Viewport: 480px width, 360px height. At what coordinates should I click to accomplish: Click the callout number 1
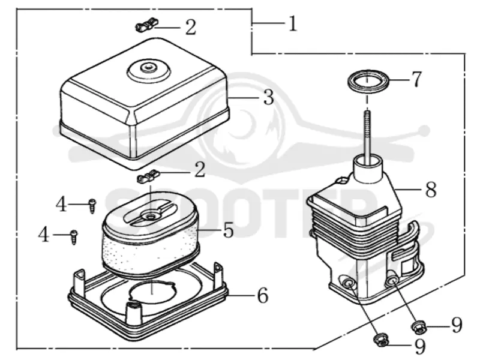coord(293,24)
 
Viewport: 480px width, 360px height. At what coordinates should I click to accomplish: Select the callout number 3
coord(268,97)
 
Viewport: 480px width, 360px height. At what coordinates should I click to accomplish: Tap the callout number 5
coord(229,230)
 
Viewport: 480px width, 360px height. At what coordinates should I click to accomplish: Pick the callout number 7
coord(416,79)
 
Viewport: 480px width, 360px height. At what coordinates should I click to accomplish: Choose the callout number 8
coord(431,190)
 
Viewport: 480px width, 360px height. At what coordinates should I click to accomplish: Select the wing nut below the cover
coord(148,176)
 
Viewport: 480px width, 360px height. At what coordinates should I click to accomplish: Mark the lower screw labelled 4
coord(74,236)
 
